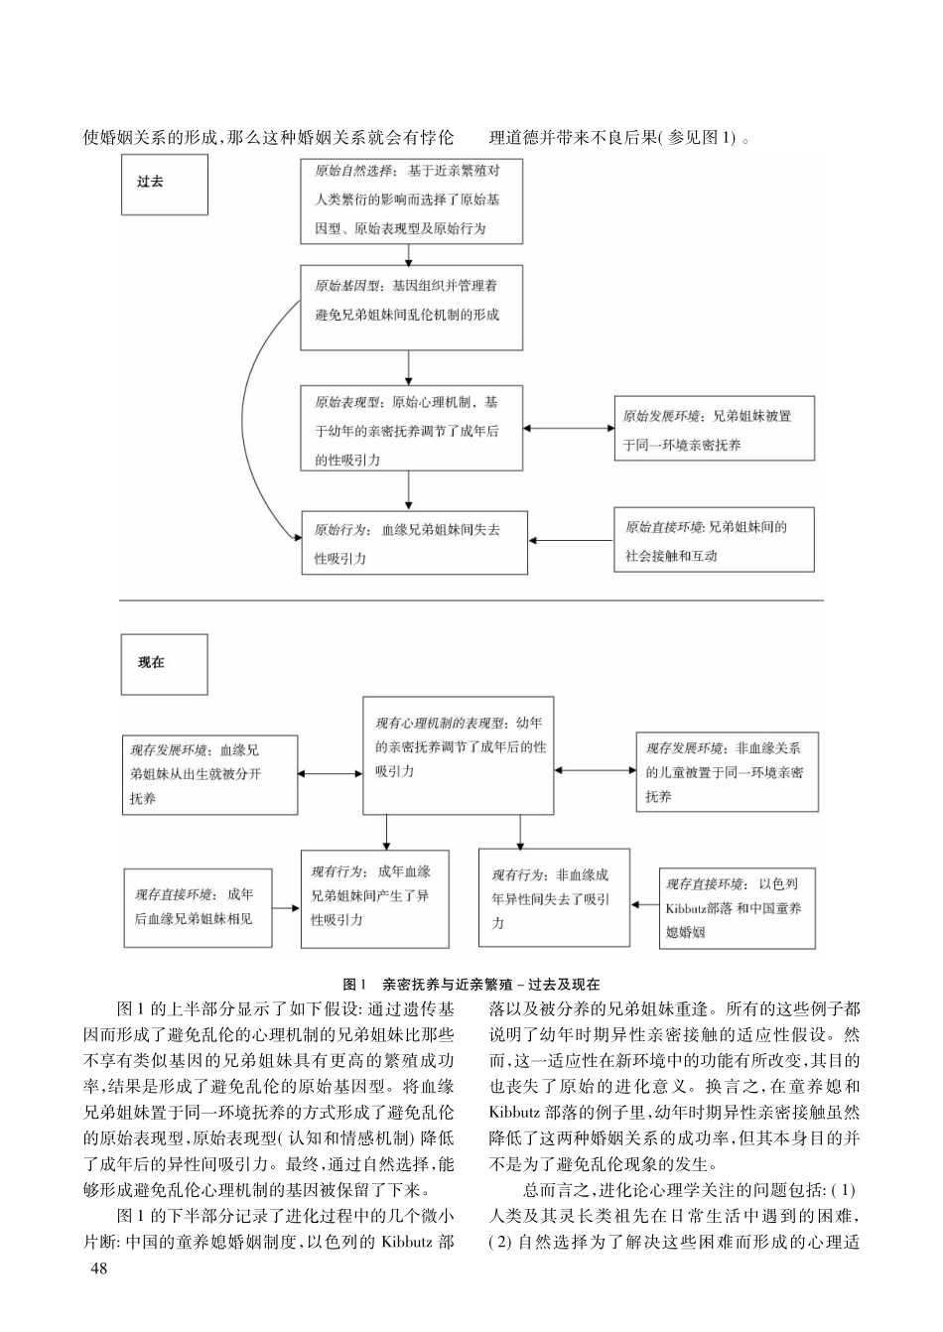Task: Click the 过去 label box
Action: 165,184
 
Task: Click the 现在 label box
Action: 165,664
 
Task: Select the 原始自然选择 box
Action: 411,200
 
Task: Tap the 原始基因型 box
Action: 411,307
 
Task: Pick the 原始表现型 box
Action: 411,428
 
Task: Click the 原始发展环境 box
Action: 713,429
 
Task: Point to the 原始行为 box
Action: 414,542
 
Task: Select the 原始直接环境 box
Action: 714,540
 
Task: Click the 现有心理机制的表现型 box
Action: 458,755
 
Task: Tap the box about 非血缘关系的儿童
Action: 727,772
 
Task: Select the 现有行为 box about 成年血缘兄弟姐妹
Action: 374,897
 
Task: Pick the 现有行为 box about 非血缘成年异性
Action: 554,897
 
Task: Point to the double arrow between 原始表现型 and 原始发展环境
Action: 569,428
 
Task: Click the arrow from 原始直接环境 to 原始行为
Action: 571,541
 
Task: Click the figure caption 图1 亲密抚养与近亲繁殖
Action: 471,984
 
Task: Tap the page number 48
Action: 98,1267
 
